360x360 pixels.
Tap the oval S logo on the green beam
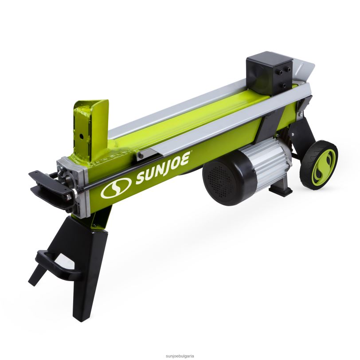(116, 188)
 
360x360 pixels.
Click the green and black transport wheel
(318, 165)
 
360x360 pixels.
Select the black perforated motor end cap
(224, 181)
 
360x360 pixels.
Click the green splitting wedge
(91, 130)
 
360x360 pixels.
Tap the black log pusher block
(269, 73)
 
